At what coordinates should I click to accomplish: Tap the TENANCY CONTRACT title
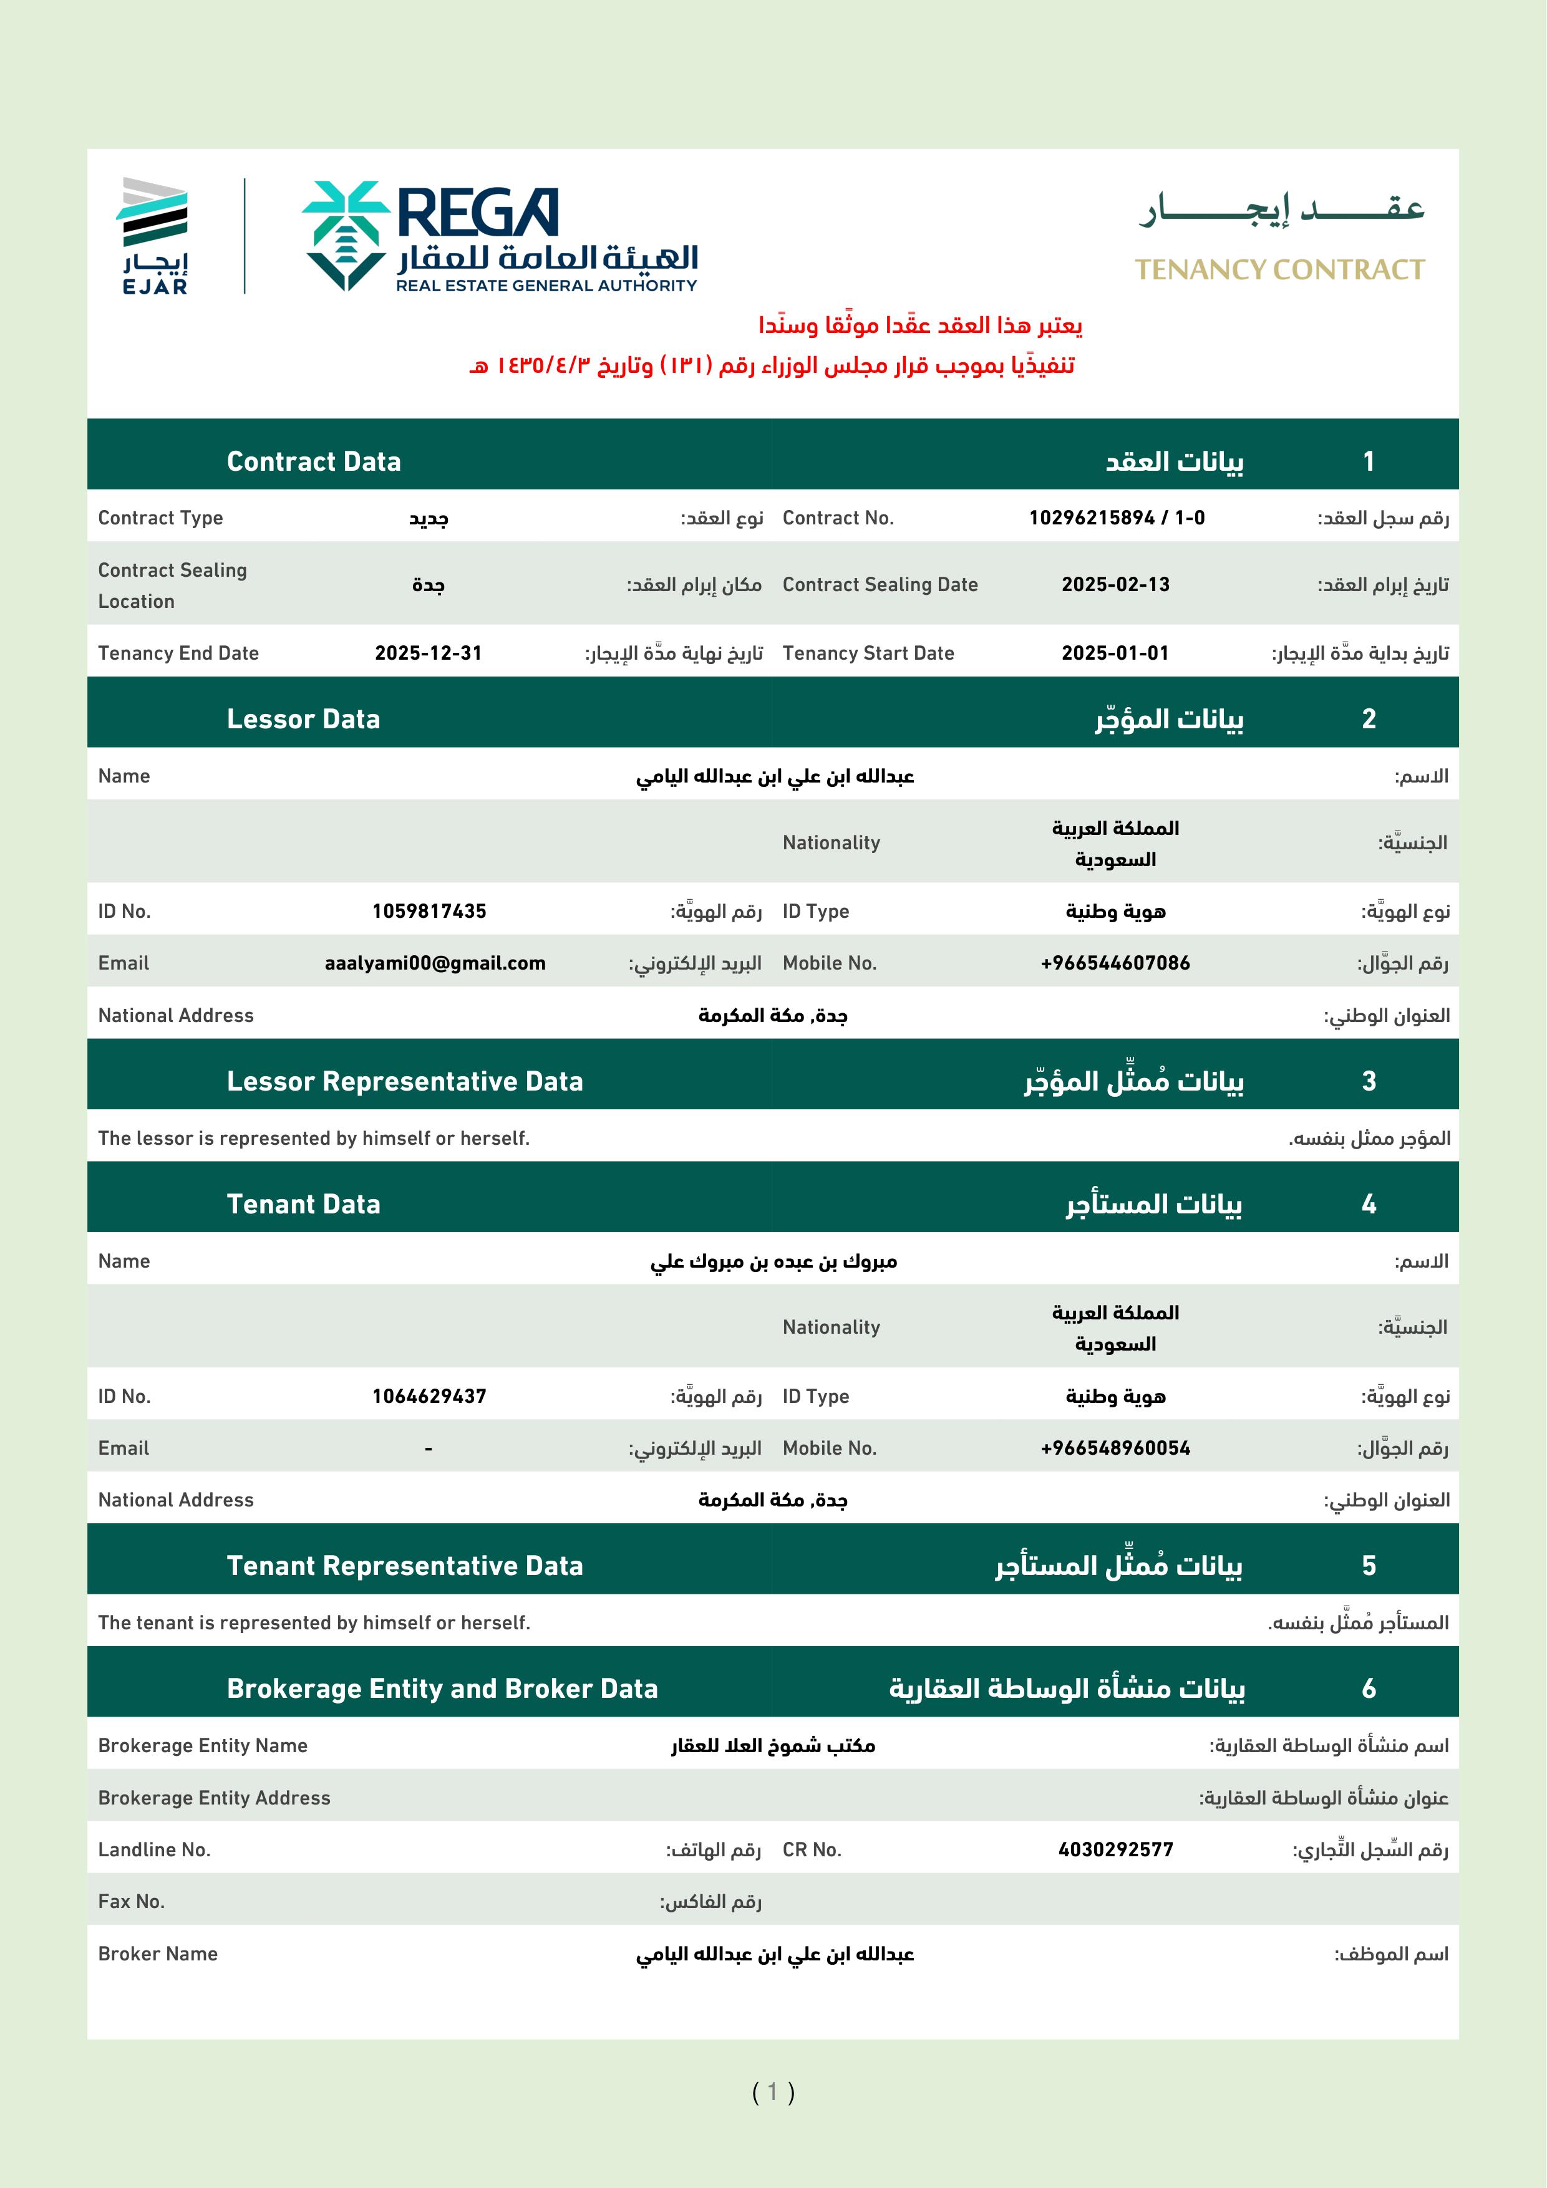pos(1279,271)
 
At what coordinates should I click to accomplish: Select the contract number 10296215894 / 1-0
pos(1116,518)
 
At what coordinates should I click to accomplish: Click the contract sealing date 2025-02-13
pos(1115,585)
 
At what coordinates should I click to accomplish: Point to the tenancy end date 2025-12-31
pos(428,653)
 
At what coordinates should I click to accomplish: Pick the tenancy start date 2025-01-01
pos(1115,653)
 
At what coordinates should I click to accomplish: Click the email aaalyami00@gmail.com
pos(435,963)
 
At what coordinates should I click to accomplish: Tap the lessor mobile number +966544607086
pos(1115,963)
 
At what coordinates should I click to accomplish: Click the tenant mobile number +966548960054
pos(1115,1448)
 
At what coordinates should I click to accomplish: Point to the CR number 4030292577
pos(1115,1849)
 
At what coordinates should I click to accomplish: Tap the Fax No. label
pos(132,1902)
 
